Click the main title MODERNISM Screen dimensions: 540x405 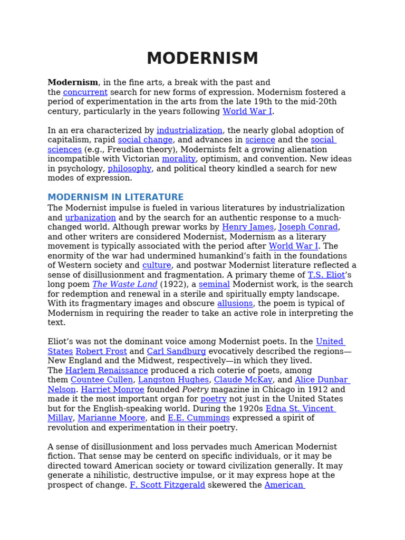(202, 59)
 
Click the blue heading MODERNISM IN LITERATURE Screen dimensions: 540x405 (115, 197)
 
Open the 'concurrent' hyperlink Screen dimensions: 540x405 (85, 92)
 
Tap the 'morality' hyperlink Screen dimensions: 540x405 (179, 159)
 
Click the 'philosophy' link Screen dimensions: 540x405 (129, 169)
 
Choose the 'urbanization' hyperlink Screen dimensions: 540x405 (90, 217)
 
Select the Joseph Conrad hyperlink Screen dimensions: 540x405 (308, 227)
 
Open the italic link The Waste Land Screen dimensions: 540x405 (125, 284)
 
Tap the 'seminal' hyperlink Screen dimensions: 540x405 (214, 284)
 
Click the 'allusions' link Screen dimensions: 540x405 (235, 303)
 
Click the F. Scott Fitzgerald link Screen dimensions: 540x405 (167, 485)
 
